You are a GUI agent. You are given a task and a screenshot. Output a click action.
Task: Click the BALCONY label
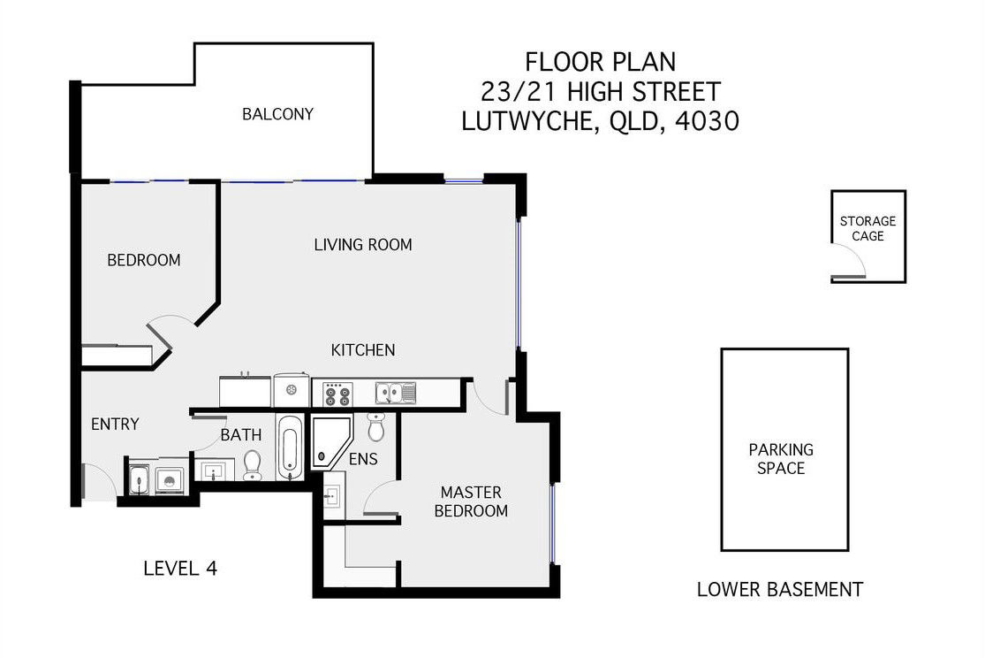coord(277,114)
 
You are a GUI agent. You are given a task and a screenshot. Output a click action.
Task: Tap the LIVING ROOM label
coord(363,245)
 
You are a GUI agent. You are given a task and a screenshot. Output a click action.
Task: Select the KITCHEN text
coord(363,349)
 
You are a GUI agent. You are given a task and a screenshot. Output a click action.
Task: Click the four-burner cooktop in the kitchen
coord(337,394)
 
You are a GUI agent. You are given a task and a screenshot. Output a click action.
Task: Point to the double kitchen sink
coord(396,394)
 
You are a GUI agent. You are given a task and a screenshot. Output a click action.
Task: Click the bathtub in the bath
coord(289,448)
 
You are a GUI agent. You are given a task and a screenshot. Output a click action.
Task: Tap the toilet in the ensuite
coord(376,427)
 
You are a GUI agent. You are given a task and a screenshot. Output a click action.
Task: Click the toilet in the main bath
coord(253,465)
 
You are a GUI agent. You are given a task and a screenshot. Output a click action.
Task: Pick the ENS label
coord(363,459)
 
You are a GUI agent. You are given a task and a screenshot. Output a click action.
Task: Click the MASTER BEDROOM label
coord(471,501)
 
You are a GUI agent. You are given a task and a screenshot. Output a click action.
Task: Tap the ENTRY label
coord(115,424)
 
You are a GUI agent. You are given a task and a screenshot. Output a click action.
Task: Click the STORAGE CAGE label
coord(868,228)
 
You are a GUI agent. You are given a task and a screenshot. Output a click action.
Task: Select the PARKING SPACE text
coord(781,459)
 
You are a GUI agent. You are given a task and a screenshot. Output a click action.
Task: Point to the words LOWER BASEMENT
coord(780,589)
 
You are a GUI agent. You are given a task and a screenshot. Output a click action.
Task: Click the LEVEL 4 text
coord(180,569)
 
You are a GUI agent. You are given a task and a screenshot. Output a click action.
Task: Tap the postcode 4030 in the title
coord(707,121)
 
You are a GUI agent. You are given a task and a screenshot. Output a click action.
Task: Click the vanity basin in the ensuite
coord(332,495)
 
